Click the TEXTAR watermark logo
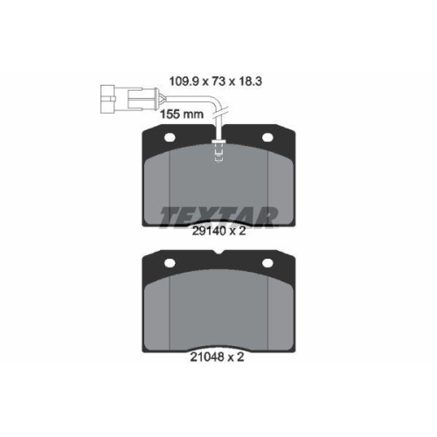(218, 215)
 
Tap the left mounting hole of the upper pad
(170, 137)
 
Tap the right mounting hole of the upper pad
(265, 137)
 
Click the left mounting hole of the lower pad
(170, 263)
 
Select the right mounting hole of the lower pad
(265, 263)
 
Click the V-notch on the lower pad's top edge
(218, 254)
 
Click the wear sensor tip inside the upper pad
(218, 156)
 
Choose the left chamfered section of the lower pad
(156, 306)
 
